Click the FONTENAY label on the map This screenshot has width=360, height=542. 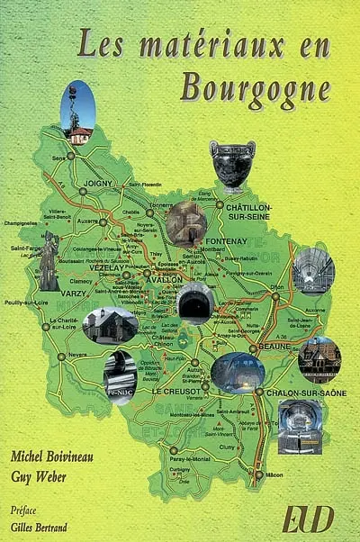[x=231, y=241]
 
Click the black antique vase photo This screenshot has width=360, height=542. [x=232, y=164]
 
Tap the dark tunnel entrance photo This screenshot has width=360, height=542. [x=194, y=303]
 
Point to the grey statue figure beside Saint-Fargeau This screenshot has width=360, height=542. [x=49, y=260]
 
